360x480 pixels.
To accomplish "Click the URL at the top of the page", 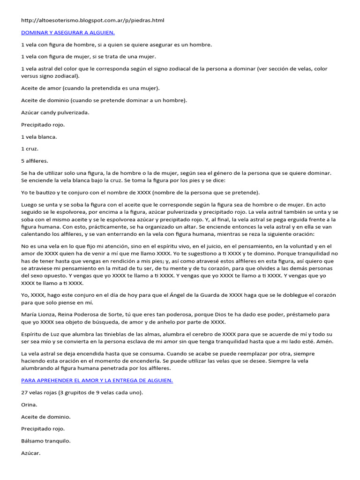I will pyautogui.click(x=93, y=21).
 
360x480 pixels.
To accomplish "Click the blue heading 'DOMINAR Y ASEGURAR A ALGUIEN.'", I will pyautogui.click(x=68, y=32).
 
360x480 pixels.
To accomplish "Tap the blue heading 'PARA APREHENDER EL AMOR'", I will pyautogui.click(x=97, y=380).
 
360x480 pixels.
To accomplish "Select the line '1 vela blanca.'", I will pyautogui.click(x=39, y=137).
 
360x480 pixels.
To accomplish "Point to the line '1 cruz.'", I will pyautogui.click(x=30, y=149).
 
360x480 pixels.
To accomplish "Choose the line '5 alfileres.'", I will pyautogui.click(x=35, y=161).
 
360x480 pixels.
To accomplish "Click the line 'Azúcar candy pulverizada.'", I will pyautogui.click(x=55, y=112).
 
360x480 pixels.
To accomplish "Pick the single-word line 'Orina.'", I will pyautogui.click(x=29, y=404).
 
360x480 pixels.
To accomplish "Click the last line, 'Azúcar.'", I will pyautogui.click(x=31, y=453).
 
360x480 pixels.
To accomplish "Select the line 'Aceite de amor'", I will pyautogui.click(x=90, y=88).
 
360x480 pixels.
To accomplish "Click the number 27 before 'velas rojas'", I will pyautogui.click(x=25, y=392).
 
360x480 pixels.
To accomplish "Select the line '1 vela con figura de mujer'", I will pyautogui.click(x=88, y=57).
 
